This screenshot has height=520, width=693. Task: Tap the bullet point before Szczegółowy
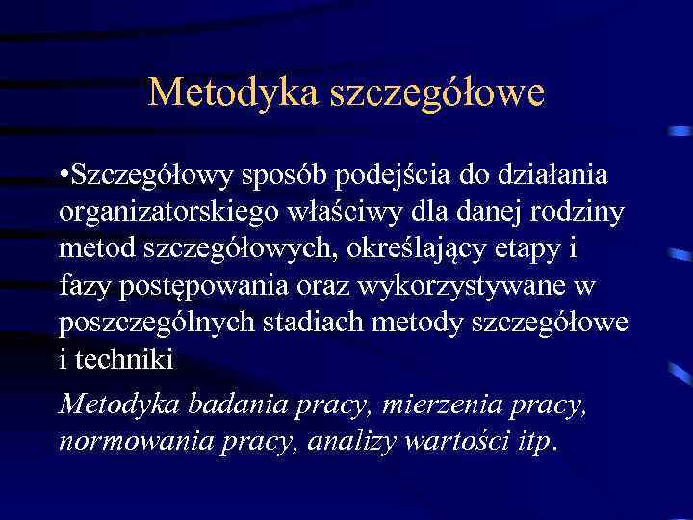click(x=63, y=177)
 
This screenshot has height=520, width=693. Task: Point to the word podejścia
click(x=408, y=178)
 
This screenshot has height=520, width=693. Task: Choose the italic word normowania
click(x=140, y=440)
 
